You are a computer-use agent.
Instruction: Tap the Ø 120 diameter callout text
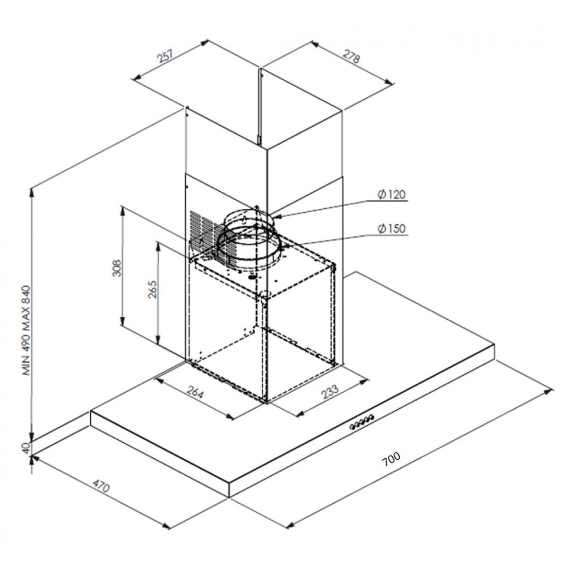(x=392, y=195)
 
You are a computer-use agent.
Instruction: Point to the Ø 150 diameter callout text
(x=392, y=228)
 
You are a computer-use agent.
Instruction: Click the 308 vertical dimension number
(x=117, y=268)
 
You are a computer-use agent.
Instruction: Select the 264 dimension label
(x=195, y=392)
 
